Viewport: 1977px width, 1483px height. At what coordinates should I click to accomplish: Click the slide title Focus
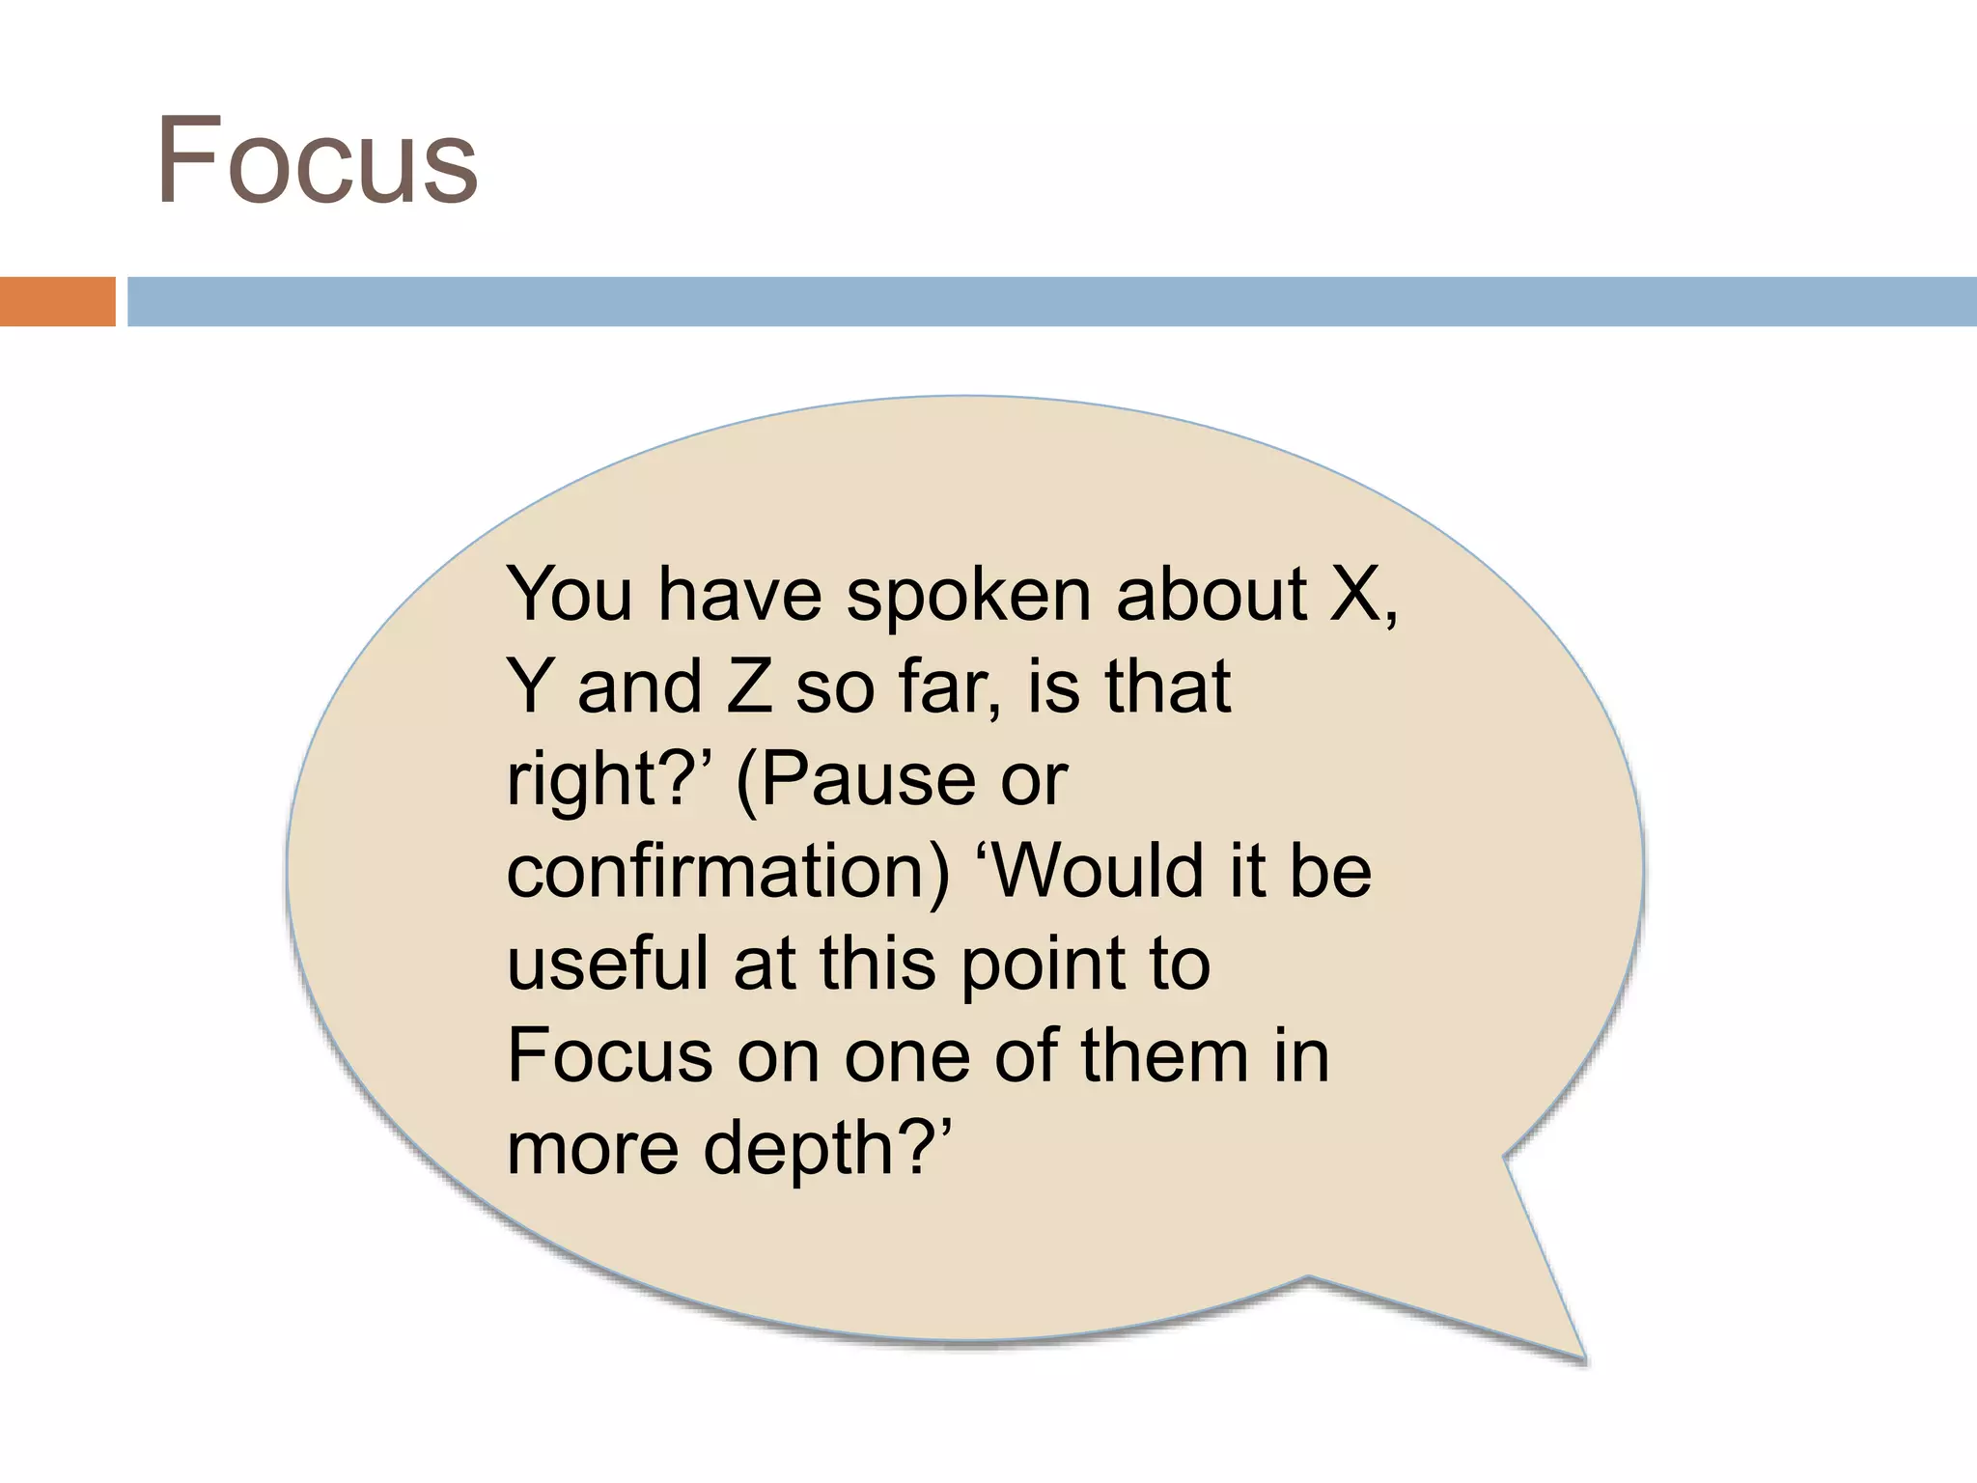317,160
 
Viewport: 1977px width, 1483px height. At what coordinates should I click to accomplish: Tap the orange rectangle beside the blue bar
57,301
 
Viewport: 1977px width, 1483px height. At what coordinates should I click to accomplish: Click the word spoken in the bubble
969,597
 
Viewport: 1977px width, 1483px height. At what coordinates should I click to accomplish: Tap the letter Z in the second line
749,686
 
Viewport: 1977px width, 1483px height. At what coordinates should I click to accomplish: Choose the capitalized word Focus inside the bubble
610,1055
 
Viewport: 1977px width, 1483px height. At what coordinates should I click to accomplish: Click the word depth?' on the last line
827,1149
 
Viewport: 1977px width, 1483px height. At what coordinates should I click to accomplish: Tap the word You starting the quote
570,595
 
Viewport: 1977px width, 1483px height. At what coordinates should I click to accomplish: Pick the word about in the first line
1211,595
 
